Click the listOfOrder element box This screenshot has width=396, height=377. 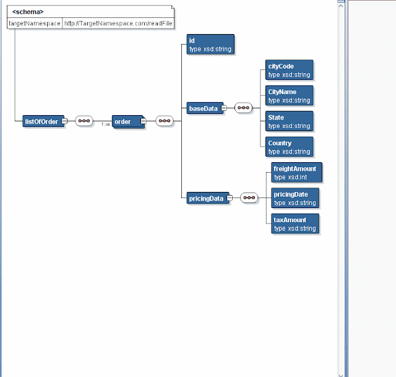(x=42, y=121)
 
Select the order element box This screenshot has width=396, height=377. (x=127, y=121)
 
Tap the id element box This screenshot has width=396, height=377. (x=210, y=44)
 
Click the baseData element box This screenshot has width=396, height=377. (x=204, y=109)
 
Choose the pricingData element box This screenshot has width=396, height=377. (x=207, y=199)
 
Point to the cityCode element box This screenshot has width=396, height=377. (x=288, y=70)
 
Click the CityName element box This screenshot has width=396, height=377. (x=288, y=96)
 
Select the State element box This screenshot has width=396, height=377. (x=288, y=121)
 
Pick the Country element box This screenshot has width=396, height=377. (x=288, y=147)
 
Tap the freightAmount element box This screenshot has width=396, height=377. (x=296, y=173)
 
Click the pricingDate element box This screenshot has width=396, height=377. (x=296, y=198)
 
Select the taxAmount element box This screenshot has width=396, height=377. (x=295, y=224)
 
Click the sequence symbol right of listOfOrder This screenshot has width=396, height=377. (x=84, y=121)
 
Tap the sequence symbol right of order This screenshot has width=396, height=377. (x=164, y=121)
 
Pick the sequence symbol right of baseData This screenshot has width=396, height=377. (x=244, y=108)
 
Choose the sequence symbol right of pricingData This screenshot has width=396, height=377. (x=249, y=198)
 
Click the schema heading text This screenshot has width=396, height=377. (x=28, y=11)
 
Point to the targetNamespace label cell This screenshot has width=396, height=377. (x=35, y=24)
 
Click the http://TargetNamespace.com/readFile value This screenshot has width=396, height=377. (x=118, y=24)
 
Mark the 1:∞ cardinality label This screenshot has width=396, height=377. (x=106, y=125)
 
